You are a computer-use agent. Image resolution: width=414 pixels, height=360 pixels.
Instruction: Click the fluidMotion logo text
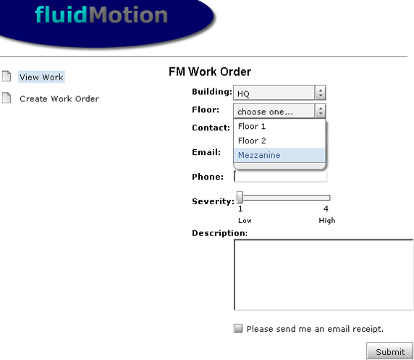[x=101, y=14]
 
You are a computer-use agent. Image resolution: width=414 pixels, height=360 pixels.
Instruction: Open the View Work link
[x=41, y=78]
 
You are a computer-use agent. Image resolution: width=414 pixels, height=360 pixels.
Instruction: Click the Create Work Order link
[x=59, y=99]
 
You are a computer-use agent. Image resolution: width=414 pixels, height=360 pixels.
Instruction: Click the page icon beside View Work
[x=7, y=76]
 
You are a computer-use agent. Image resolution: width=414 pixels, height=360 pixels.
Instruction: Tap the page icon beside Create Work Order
[x=7, y=98]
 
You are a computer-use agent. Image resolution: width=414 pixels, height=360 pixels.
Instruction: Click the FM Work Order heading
[x=210, y=72]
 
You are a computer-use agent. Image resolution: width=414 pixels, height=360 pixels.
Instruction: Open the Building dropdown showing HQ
[x=279, y=93]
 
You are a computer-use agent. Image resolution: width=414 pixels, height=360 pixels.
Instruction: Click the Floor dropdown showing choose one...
[x=279, y=111]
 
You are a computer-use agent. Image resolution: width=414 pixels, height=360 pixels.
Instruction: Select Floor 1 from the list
[x=252, y=126]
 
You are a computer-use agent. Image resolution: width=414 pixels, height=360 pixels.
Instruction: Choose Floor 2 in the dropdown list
[x=252, y=141]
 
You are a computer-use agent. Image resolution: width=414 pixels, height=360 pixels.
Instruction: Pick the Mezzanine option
[x=259, y=155]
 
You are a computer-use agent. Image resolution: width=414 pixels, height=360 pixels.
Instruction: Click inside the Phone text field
[x=281, y=176]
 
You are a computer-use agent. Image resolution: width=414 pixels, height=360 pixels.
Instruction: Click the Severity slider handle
[x=240, y=198]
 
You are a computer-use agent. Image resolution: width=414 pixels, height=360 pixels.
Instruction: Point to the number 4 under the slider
[x=326, y=209]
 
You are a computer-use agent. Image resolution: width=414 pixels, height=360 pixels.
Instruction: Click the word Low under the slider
[x=245, y=220]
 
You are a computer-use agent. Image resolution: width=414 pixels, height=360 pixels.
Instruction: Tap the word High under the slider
[x=327, y=220]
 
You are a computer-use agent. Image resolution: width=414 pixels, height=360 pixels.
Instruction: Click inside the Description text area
[x=324, y=275]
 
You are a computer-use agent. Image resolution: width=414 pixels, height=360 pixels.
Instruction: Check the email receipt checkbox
[x=238, y=329]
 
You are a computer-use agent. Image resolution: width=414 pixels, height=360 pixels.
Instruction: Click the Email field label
[x=206, y=152]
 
